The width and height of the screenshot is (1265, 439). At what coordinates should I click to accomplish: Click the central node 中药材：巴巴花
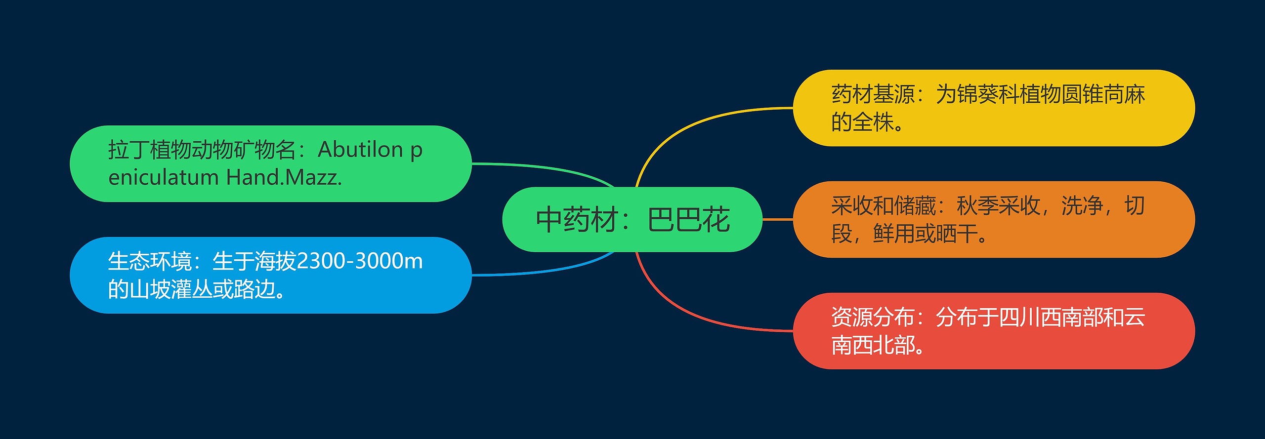coord(632,219)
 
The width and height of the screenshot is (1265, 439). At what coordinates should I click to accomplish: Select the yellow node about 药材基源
coord(993,108)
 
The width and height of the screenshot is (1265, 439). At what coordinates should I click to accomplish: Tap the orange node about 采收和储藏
coord(993,219)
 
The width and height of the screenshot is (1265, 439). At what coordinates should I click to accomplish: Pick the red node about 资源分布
coord(993,331)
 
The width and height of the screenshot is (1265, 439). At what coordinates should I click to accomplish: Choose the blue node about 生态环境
coord(270,275)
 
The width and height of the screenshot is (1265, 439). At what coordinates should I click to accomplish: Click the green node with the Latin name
coord(270,163)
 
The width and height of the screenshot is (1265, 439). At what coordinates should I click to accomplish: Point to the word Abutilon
coord(360,150)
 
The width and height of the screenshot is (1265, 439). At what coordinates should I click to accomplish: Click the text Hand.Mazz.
coord(284,177)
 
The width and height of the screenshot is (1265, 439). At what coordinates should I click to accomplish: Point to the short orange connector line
coord(778,219)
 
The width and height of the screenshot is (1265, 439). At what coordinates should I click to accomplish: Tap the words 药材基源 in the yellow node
coord(873,94)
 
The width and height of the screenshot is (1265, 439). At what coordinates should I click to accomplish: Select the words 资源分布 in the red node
coord(873,317)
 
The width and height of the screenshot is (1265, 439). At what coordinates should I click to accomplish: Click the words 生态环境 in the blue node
coord(150,261)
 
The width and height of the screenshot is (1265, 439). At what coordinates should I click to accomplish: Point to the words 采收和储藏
coord(884,205)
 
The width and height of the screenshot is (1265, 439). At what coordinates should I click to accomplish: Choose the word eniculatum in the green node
coord(164,177)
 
